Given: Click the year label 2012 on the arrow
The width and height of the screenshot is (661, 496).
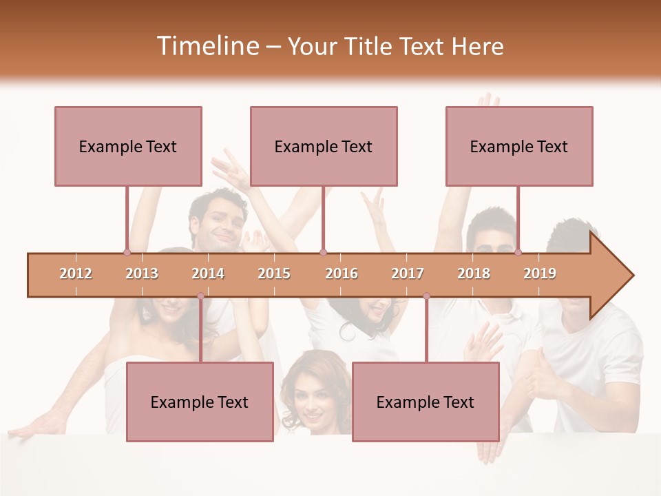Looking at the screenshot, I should pos(76,273).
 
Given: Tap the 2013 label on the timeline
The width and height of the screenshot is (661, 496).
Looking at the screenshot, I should pos(142,273).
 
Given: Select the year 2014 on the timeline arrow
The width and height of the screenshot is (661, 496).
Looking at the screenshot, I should pos(208,273).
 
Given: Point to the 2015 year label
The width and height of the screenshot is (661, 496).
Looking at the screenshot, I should pos(274,273).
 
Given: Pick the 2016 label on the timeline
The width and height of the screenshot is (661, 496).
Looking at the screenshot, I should pos(342,273).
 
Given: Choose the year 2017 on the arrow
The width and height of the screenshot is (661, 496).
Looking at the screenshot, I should pos(408,273).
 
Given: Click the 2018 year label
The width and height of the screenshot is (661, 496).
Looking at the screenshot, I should pos(474,273).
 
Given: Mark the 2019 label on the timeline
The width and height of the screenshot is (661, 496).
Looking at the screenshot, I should pos(540,273).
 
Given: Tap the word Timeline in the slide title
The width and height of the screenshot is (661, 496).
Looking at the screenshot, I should pos(207,46).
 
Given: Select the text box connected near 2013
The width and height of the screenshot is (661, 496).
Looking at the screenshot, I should pos(128,146).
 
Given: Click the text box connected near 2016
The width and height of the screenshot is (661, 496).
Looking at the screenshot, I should pos(324,146).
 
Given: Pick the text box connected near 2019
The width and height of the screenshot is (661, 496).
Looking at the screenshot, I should pos(519,146).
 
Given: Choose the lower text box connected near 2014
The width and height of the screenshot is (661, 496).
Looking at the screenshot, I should pos(200,402).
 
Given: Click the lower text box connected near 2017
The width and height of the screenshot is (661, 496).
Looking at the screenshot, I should pos(426,402).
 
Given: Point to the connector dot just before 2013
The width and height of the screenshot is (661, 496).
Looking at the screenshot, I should pos(127,253).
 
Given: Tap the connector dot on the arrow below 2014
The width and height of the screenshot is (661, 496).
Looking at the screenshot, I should pos(200,296).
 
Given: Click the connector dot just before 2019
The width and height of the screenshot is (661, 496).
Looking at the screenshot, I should pos(518,253).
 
